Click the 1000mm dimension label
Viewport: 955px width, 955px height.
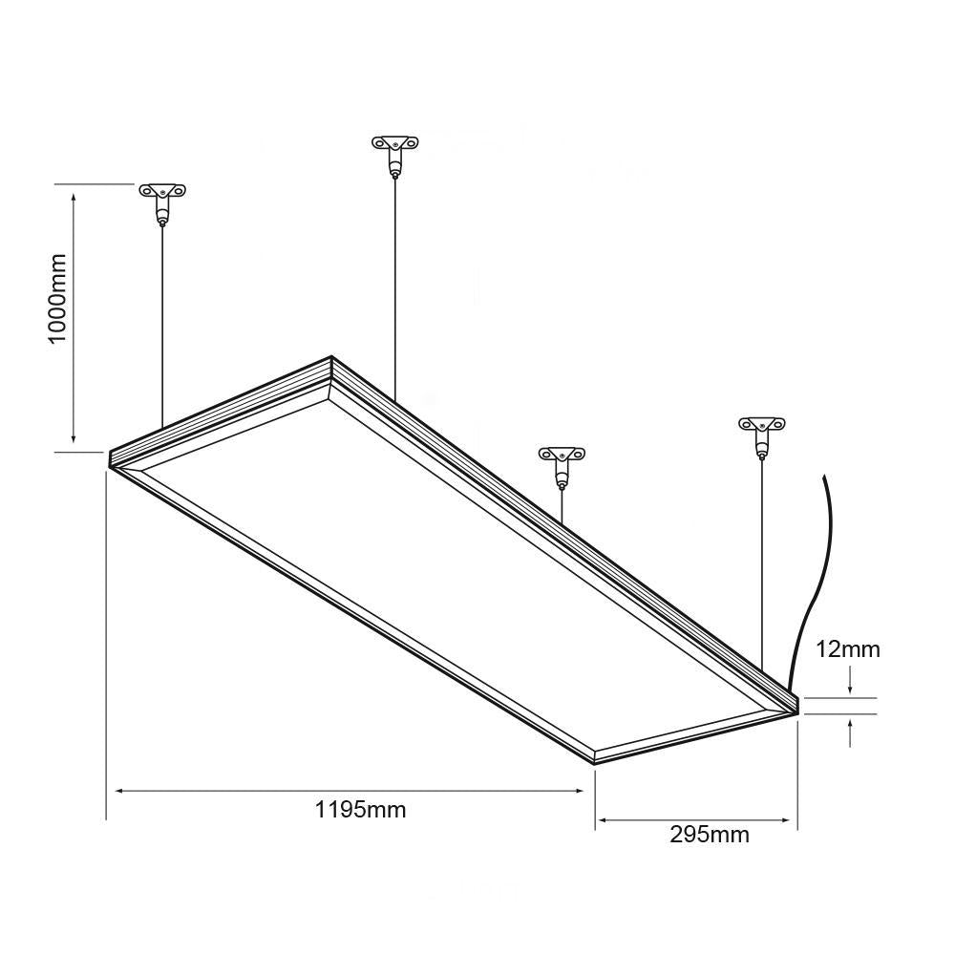coord(58,299)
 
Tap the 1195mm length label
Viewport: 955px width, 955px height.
coord(360,810)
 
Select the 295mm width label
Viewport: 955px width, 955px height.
coord(709,835)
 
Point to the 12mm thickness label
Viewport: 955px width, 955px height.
coord(848,650)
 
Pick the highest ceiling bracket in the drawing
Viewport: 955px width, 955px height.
coord(394,147)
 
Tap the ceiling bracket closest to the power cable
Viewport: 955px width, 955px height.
coord(761,427)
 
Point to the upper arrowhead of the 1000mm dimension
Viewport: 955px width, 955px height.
coord(74,192)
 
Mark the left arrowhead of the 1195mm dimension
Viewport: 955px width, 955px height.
coord(121,791)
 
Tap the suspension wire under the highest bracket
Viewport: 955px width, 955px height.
coord(394,286)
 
